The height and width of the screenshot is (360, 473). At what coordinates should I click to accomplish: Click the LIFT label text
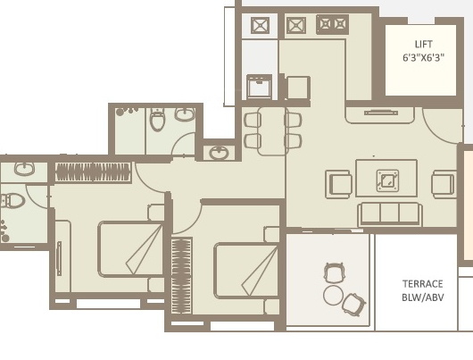click(423, 45)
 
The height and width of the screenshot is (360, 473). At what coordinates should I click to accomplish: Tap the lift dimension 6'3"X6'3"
click(423, 57)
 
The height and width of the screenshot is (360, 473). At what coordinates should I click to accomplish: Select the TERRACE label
click(423, 284)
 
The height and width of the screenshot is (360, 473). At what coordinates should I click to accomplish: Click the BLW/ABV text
click(423, 297)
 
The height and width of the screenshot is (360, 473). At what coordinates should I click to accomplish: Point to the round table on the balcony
click(333, 295)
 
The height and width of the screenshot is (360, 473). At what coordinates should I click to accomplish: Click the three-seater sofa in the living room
click(390, 214)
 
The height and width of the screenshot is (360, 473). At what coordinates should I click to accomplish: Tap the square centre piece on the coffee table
click(387, 180)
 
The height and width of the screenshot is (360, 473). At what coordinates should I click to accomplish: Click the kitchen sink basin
click(260, 87)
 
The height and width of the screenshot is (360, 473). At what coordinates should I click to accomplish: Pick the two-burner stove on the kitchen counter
click(332, 24)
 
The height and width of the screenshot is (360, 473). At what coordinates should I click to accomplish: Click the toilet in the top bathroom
click(157, 120)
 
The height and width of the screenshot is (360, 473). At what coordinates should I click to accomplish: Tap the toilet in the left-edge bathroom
click(12, 200)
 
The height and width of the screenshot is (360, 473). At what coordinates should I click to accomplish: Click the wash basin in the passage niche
click(219, 153)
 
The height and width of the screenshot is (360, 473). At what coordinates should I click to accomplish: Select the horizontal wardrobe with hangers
click(93, 172)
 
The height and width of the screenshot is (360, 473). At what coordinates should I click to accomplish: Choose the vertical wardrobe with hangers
click(181, 276)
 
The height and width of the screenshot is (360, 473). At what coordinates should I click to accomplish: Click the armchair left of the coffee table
click(339, 184)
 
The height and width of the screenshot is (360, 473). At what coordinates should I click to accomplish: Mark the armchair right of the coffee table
click(444, 184)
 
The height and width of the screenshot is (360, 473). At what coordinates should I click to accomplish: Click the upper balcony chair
click(334, 272)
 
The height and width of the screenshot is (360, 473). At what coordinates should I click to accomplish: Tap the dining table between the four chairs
click(272, 131)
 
